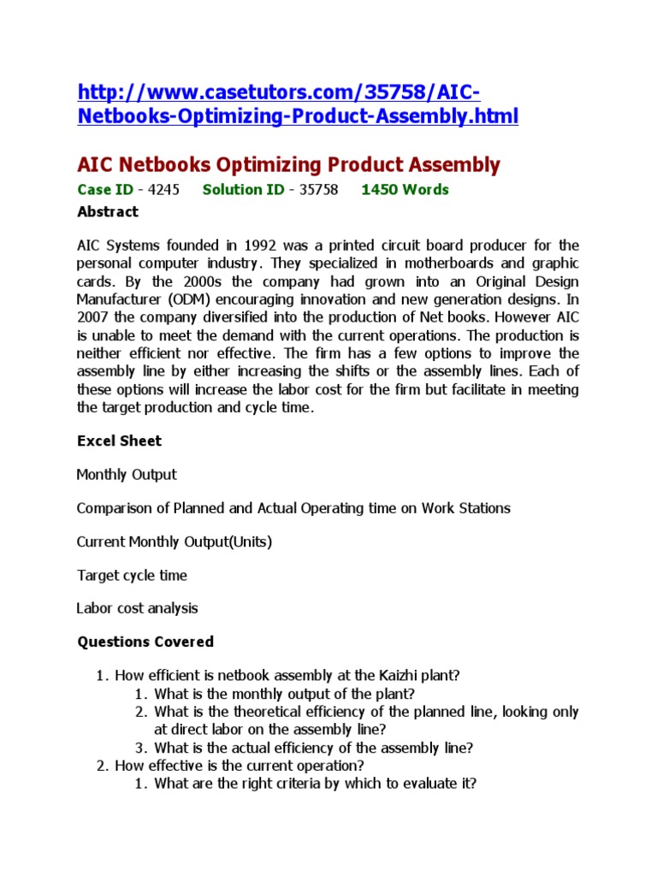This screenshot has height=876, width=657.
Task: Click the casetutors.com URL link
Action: [x=298, y=104]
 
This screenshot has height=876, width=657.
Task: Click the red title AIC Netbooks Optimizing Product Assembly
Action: [x=288, y=164]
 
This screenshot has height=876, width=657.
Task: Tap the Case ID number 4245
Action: [x=163, y=190]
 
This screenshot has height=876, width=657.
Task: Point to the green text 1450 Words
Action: [x=405, y=190]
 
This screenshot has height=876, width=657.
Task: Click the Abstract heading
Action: [x=107, y=211]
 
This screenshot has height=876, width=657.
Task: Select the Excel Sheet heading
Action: [x=119, y=441]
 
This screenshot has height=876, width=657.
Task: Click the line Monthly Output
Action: [x=127, y=474]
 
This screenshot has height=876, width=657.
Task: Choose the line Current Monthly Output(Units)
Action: [x=175, y=542]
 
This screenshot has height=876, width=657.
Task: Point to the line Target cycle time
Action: [x=132, y=575]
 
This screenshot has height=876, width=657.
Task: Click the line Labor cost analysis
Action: [x=137, y=608]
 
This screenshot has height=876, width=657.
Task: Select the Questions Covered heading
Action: [x=145, y=642]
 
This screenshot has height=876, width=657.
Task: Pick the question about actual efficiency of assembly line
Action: [x=313, y=747]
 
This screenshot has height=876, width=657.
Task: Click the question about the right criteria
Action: [x=315, y=783]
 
